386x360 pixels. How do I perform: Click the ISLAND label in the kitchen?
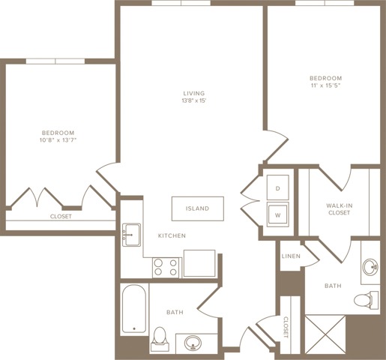(x=197, y=208)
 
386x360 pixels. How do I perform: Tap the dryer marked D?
(x=278, y=187)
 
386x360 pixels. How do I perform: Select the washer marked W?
(x=278, y=214)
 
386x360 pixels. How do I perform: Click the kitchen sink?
(x=131, y=235)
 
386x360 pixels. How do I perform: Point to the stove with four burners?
(x=166, y=268)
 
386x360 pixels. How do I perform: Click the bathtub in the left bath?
(x=134, y=309)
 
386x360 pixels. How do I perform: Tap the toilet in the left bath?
(x=160, y=339)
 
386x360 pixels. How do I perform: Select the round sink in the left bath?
(x=193, y=343)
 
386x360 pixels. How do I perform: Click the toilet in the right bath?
(x=367, y=300)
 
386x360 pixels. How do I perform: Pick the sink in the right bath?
(x=370, y=267)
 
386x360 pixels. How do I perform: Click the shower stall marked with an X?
(x=325, y=334)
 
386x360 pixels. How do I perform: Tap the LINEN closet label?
(x=291, y=256)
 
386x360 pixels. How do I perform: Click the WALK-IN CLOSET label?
(x=340, y=209)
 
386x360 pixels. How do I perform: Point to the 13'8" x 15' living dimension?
(x=194, y=101)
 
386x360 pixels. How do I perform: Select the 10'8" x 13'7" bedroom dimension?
(x=58, y=140)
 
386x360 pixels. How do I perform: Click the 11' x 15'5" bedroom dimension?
(x=326, y=85)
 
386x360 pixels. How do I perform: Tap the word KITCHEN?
(x=172, y=235)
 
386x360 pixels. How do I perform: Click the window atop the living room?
(x=181, y=3)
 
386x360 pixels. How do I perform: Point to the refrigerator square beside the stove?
(x=199, y=263)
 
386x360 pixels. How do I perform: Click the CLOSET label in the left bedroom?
(x=61, y=217)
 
